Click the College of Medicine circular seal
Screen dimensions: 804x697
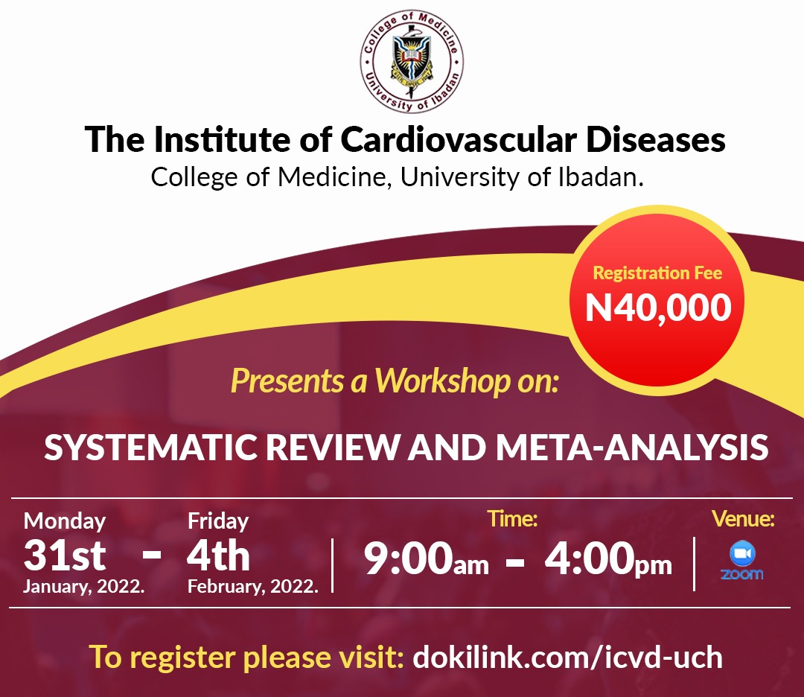(x=411, y=61)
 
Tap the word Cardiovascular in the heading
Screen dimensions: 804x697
(x=459, y=139)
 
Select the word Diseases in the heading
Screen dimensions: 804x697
(x=655, y=139)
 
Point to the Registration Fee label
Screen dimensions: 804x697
(x=657, y=273)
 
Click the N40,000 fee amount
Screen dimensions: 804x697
(x=658, y=308)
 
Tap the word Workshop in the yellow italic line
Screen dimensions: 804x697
(x=443, y=381)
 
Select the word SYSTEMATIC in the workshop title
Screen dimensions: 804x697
(x=150, y=448)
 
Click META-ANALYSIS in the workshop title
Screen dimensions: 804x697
(x=632, y=448)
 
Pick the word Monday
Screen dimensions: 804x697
(x=65, y=521)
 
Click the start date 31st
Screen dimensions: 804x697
(x=65, y=556)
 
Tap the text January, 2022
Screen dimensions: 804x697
(x=84, y=586)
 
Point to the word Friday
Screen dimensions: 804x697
(x=218, y=521)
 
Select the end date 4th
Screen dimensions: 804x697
(x=218, y=556)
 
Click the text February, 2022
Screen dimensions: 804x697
(x=253, y=586)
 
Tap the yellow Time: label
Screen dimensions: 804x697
(x=512, y=518)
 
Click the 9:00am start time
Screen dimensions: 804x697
(x=426, y=558)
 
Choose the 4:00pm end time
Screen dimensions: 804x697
(x=608, y=558)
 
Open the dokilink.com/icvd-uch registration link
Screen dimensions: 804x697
(x=567, y=657)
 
